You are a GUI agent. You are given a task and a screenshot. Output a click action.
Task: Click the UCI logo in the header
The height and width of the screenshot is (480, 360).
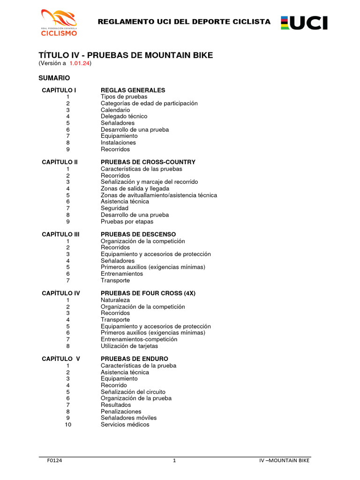pos(304,23)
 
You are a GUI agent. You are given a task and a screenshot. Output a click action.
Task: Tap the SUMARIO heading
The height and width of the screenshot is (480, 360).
pos(54,78)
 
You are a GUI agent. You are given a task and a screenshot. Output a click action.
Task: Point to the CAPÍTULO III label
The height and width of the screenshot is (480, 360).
pos(60,234)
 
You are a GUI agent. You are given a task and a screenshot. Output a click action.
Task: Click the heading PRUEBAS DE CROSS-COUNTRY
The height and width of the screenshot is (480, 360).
pos(148,162)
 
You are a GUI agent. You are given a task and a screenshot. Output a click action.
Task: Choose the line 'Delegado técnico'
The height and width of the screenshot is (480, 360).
pos(124,116)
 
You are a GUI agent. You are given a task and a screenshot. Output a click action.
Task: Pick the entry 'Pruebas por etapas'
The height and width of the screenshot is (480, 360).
pos(127,221)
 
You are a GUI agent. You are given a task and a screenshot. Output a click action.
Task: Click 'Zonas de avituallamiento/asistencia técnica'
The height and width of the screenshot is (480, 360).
pos(159,195)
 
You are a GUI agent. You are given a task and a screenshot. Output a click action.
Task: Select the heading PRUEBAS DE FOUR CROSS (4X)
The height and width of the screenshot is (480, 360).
pos(148,293)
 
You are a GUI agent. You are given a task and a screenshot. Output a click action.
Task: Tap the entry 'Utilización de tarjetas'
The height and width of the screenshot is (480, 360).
pos(129,346)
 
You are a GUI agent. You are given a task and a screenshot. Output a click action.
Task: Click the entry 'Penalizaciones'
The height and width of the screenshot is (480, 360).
pos(121,412)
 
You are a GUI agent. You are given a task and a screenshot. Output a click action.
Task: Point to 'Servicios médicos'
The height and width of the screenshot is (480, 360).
pos(125,425)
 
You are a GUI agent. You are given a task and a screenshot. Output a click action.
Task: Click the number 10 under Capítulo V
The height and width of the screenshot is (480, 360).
pos(68,425)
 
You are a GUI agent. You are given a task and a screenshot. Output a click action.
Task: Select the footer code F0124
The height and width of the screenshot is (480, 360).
pos(55,460)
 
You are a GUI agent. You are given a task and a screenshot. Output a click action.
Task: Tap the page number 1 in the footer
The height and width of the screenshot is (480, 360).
pos(174,460)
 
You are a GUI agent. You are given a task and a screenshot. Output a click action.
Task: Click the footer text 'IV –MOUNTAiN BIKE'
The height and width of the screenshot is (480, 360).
pos(285,460)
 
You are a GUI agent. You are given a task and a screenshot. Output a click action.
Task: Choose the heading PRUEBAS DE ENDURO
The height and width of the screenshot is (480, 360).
pos(135,359)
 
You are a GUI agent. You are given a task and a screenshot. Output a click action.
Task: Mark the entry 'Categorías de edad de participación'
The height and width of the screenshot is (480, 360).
pos(149,103)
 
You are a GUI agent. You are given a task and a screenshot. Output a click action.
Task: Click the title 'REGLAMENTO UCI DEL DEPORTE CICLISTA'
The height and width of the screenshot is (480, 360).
pos(184,22)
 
